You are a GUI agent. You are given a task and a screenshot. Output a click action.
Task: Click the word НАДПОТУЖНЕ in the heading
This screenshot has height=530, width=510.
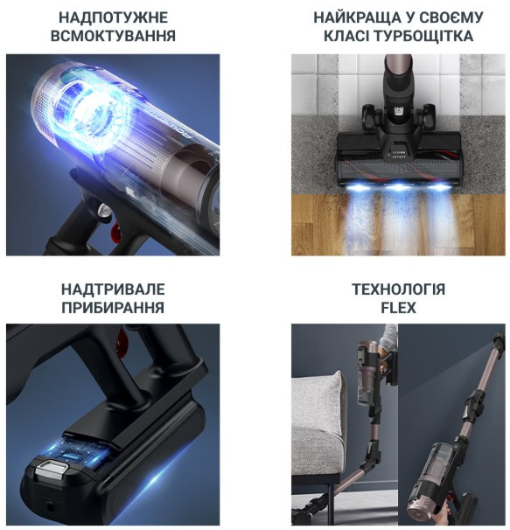[114, 17]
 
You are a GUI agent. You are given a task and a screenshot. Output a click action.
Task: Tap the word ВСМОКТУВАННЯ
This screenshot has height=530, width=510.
[114, 36]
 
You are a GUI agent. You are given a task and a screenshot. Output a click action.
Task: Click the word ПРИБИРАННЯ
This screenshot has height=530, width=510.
[114, 308]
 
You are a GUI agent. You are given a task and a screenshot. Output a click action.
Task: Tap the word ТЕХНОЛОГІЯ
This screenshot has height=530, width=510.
[399, 289]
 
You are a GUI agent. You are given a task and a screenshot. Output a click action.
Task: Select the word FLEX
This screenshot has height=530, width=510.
[399, 308]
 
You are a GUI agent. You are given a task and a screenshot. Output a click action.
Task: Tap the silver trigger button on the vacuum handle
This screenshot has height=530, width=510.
[104, 210]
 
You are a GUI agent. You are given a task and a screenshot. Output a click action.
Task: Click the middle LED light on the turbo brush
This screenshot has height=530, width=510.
[399, 186]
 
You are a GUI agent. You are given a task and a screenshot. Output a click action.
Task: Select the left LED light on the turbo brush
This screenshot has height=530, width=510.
[359, 186]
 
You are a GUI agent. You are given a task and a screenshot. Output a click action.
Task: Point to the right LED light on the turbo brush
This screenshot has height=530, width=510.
[439, 186]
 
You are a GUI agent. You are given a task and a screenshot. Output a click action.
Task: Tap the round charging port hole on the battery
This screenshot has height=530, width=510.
[50, 506]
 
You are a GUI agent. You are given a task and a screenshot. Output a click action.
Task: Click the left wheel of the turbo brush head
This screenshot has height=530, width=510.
[371, 117]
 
